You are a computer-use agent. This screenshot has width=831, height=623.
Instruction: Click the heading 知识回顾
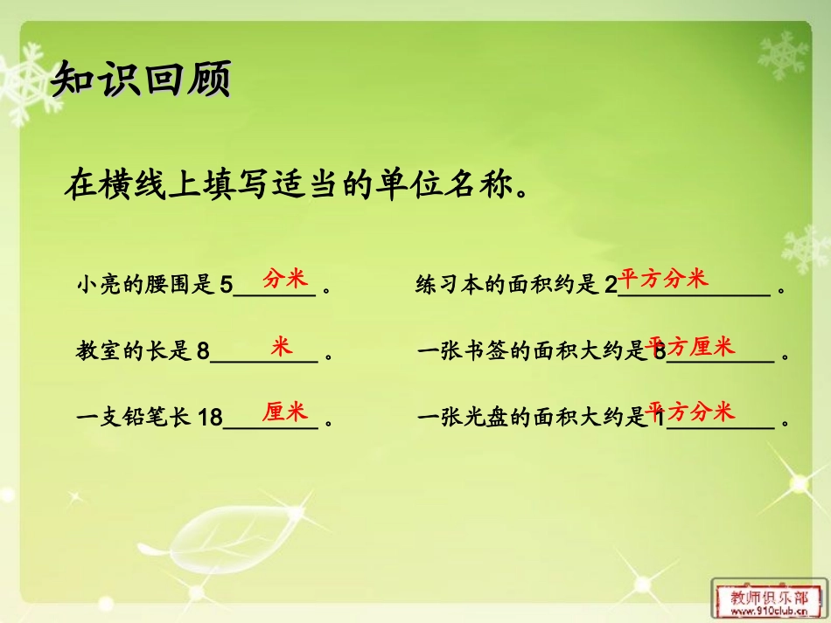point(141,80)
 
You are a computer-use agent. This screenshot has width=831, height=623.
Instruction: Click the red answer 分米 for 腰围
point(285,279)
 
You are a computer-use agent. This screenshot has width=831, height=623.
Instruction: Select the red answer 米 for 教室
point(281,346)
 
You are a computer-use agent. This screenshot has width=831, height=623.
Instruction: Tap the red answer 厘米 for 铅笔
point(285,412)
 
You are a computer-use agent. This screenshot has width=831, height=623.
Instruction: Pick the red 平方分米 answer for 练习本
point(663,279)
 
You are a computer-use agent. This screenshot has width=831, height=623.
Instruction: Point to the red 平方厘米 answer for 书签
point(691,347)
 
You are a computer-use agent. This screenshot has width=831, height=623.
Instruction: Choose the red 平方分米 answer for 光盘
point(691,412)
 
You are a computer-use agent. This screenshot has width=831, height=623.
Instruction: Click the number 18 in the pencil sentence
point(211,419)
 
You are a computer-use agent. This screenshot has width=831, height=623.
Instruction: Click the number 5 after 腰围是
point(226,285)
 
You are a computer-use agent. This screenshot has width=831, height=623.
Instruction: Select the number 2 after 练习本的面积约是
point(611,285)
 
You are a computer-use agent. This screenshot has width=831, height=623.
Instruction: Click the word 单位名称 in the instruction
point(442,186)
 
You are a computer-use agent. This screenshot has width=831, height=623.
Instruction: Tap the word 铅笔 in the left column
point(153,419)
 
